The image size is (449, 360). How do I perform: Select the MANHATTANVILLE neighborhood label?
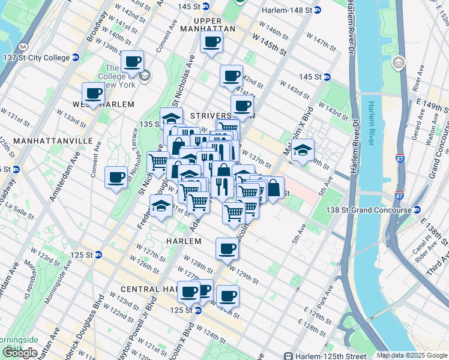pyautogui.click(x=46, y=140)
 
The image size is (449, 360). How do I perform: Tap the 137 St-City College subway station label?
pyautogui.click(x=40, y=58)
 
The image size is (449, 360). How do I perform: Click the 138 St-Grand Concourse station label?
pyautogui.click(x=373, y=210)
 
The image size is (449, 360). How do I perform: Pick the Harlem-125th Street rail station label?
pyautogui.click(x=324, y=355)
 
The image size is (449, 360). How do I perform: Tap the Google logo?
pyautogui.click(x=20, y=353)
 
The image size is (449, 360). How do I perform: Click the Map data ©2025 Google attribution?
pyautogui.click(x=412, y=355)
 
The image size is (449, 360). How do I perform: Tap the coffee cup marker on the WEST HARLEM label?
pyautogui.click(x=94, y=94)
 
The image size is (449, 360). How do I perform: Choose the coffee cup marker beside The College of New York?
pyautogui.click(x=132, y=61)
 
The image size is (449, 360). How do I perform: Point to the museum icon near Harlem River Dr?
pyautogui.click(x=398, y=62)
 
